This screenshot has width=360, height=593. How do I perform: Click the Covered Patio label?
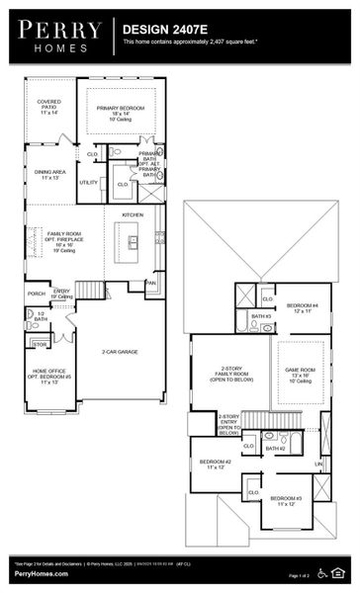(x=48, y=106)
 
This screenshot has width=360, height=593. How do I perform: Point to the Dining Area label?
(x=48, y=174)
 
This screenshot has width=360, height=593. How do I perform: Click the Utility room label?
(x=88, y=182)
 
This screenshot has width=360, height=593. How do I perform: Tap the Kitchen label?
(x=132, y=213)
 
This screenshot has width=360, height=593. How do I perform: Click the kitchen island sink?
(x=131, y=239)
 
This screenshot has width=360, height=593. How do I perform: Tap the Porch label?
(x=36, y=294)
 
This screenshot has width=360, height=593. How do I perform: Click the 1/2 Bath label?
(x=41, y=316)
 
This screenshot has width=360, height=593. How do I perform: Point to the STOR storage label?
(x=39, y=344)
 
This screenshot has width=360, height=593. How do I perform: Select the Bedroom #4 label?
(x=302, y=308)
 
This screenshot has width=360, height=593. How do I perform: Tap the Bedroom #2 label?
(x=215, y=464)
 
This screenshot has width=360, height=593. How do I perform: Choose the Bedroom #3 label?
(x=286, y=500)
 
